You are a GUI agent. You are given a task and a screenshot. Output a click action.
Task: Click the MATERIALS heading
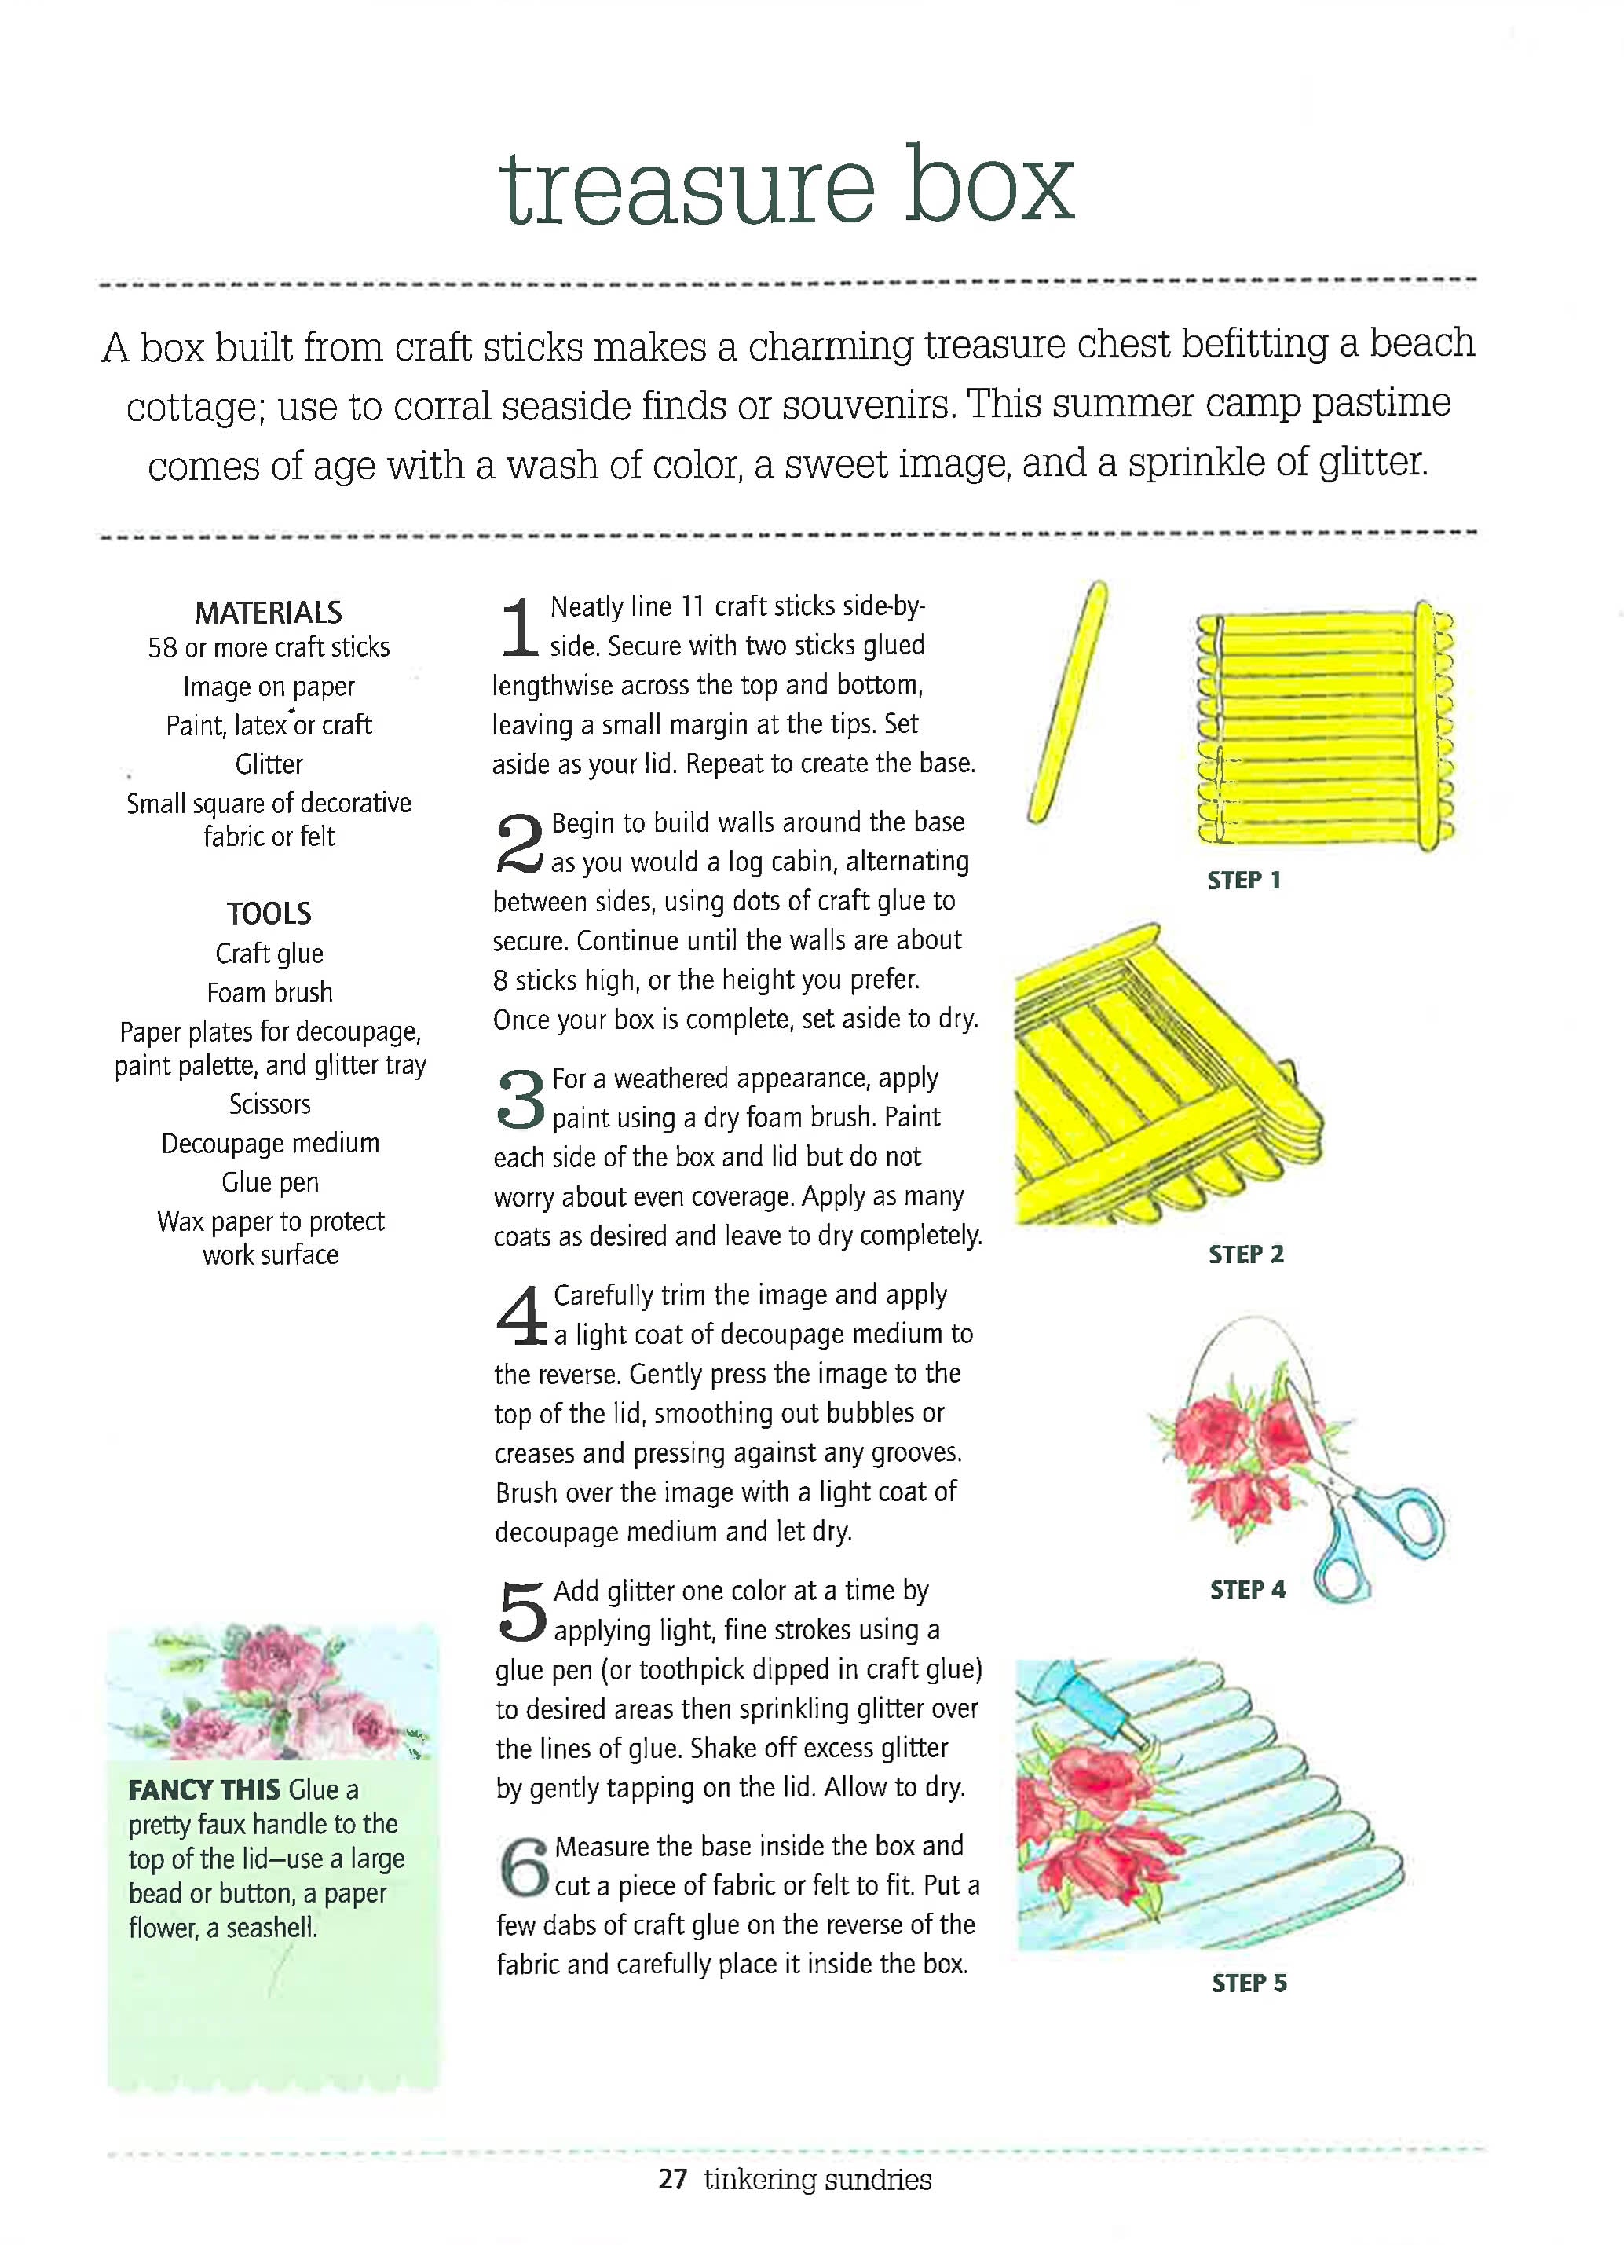[269, 613]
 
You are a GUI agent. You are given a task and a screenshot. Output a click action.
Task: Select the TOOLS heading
[269, 913]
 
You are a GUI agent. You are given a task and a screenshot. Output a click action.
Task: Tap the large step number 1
[518, 628]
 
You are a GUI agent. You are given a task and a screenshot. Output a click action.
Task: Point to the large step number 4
[521, 1317]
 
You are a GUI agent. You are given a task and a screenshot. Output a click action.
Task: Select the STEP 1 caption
[1244, 880]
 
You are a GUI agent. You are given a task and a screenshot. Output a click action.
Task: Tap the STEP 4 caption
[1247, 1590]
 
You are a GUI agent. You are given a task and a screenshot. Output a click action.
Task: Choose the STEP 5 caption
[1249, 1983]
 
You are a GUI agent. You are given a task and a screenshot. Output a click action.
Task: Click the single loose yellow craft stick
[1067, 703]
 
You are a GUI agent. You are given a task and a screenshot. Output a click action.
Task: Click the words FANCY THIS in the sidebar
[204, 1789]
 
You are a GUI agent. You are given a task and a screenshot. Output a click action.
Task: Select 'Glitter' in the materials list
[269, 764]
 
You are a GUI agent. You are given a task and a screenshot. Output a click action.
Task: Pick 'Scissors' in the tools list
[269, 1104]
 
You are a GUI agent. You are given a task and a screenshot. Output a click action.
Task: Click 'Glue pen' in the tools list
[269, 1182]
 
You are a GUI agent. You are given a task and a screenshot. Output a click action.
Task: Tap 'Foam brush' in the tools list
[269, 992]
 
